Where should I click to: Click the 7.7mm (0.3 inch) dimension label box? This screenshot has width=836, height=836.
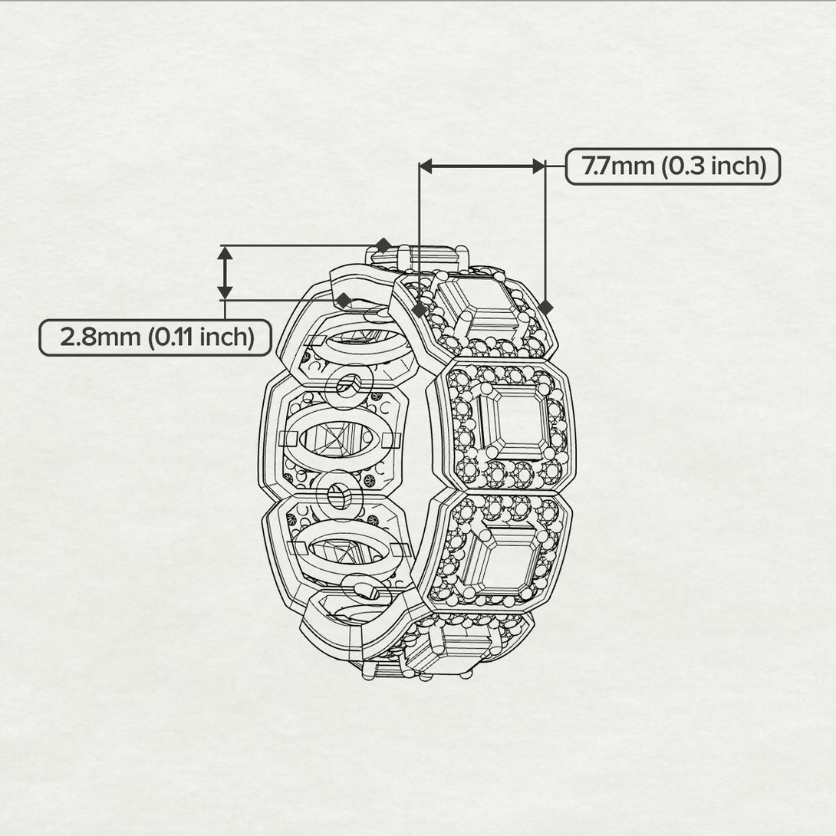point(673,166)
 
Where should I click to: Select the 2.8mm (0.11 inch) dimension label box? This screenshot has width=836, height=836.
point(155,337)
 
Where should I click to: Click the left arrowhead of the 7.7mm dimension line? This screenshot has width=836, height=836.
point(426,166)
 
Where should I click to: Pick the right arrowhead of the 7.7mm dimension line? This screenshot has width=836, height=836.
point(539,166)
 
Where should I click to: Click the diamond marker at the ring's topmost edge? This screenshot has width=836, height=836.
point(383,245)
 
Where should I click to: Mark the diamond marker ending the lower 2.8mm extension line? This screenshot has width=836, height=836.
point(344,300)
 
